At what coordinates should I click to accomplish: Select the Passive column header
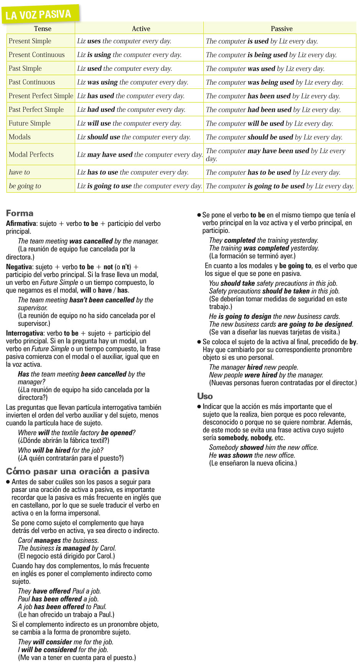281,29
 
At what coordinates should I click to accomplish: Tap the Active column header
141,29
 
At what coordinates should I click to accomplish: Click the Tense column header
43,29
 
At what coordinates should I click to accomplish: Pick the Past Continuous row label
32,82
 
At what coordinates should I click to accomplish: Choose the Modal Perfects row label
31,154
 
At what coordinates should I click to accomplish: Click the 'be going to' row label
25,186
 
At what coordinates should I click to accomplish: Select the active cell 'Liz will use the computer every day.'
129,123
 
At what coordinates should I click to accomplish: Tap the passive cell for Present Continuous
271,55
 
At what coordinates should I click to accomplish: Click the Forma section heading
20,213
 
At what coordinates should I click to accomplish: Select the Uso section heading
205,396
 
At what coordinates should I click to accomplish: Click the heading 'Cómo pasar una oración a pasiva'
78,471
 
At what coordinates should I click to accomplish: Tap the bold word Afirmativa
21,224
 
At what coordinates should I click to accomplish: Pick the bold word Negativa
19,267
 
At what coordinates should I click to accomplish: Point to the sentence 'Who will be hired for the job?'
61,450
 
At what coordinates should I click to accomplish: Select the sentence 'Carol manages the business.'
58,540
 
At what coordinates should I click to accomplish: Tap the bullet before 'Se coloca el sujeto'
199,342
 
